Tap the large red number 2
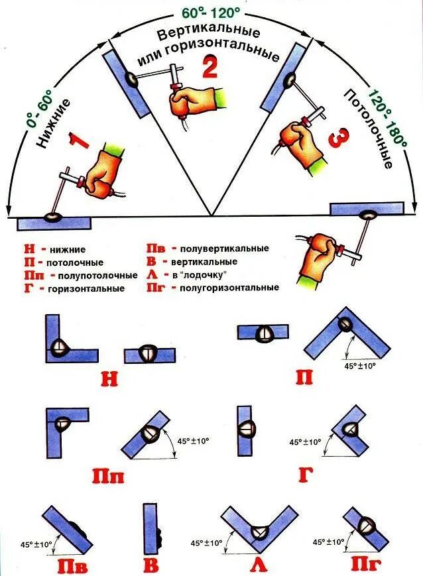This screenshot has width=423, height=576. pos(210,68)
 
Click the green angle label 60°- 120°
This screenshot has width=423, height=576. pos(211,11)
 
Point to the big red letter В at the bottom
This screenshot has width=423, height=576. pos(152,566)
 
